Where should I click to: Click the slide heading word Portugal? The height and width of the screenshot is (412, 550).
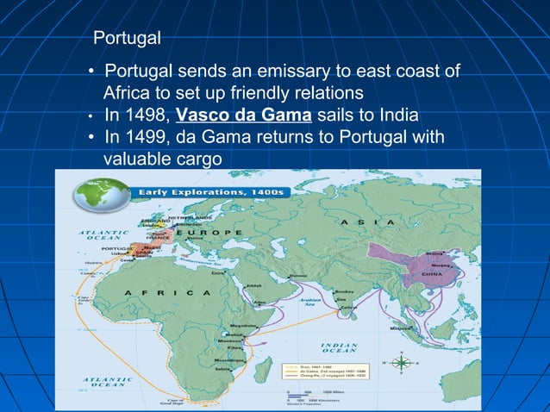point(127,39)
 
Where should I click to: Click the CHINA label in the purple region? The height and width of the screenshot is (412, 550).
point(431,273)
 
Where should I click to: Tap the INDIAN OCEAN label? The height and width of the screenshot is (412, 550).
point(339,347)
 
